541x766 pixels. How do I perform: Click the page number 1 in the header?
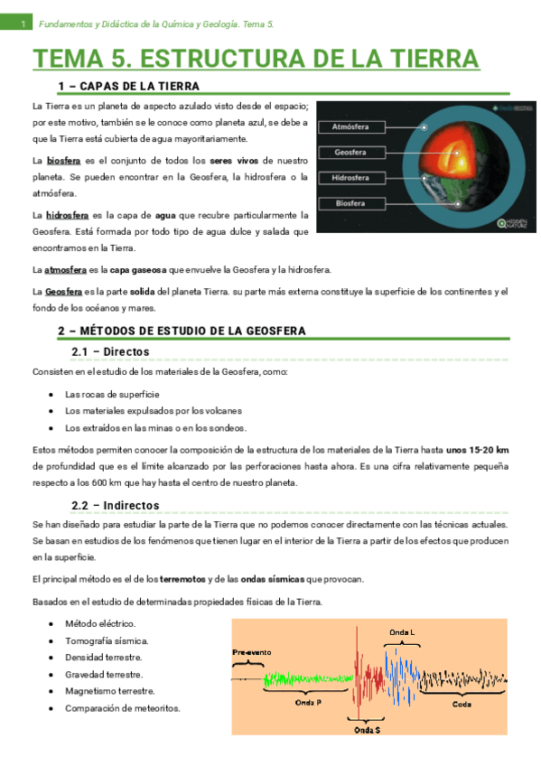click(x=22, y=23)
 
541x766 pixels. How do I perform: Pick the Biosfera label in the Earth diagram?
click(x=349, y=204)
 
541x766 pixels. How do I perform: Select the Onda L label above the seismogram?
click(x=402, y=631)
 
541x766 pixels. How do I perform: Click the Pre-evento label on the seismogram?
click(x=249, y=651)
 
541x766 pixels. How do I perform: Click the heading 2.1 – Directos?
click(x=110, y=351)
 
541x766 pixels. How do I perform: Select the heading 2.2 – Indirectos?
click(x=116, y=505)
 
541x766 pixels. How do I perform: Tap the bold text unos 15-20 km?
click(x=477, y=449)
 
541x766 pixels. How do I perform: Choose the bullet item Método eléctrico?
click(x=100, y=624)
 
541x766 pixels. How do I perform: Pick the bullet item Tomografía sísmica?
click(x=107, y=640)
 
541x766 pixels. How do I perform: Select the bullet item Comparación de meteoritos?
click(x=123, y=708)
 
